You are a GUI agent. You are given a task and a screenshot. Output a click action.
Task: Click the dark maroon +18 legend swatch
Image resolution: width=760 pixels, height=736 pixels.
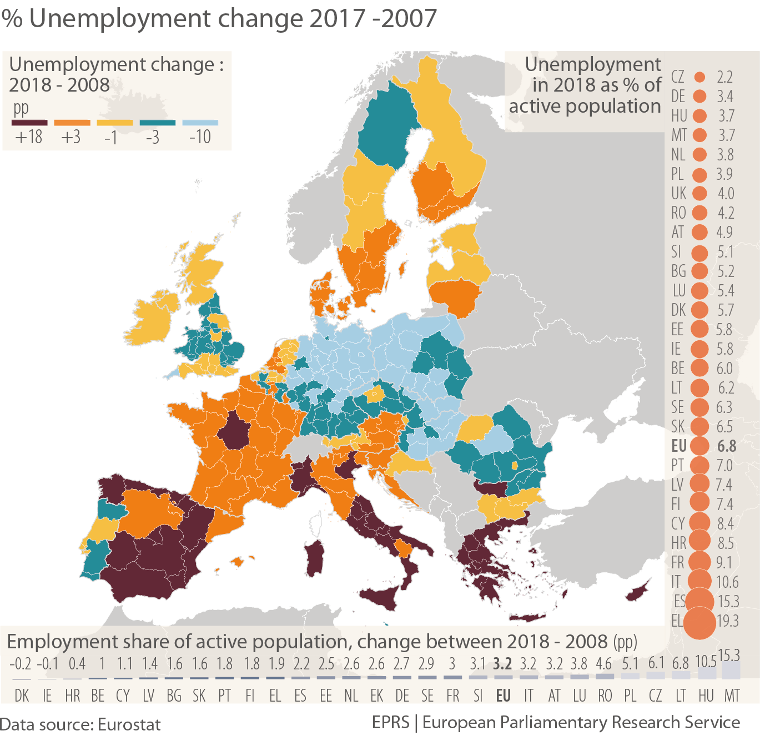29,123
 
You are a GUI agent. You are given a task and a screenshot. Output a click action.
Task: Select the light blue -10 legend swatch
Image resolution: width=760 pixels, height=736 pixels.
200,123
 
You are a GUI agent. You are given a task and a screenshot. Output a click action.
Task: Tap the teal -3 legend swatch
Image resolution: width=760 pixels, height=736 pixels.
157,123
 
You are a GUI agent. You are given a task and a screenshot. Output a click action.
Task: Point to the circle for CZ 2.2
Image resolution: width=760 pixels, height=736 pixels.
699,77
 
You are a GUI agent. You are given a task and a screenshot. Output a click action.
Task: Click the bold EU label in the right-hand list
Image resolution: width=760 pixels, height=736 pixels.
679,446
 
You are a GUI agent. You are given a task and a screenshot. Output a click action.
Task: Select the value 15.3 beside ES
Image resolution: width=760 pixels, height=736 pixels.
728,601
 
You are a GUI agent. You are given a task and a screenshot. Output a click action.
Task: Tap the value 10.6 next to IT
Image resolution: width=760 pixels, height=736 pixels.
727,582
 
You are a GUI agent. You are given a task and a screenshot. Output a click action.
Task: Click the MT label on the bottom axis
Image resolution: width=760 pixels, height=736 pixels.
732,695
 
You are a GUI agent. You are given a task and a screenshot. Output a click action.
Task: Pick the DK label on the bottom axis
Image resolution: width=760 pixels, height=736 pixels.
22,695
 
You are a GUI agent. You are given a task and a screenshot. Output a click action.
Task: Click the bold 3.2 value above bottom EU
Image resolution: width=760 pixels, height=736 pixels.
502,663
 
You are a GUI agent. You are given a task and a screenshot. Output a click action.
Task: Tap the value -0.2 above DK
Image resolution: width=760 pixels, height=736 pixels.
21,663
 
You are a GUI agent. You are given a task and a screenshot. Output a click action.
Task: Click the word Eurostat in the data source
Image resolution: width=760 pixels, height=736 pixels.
129,724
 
